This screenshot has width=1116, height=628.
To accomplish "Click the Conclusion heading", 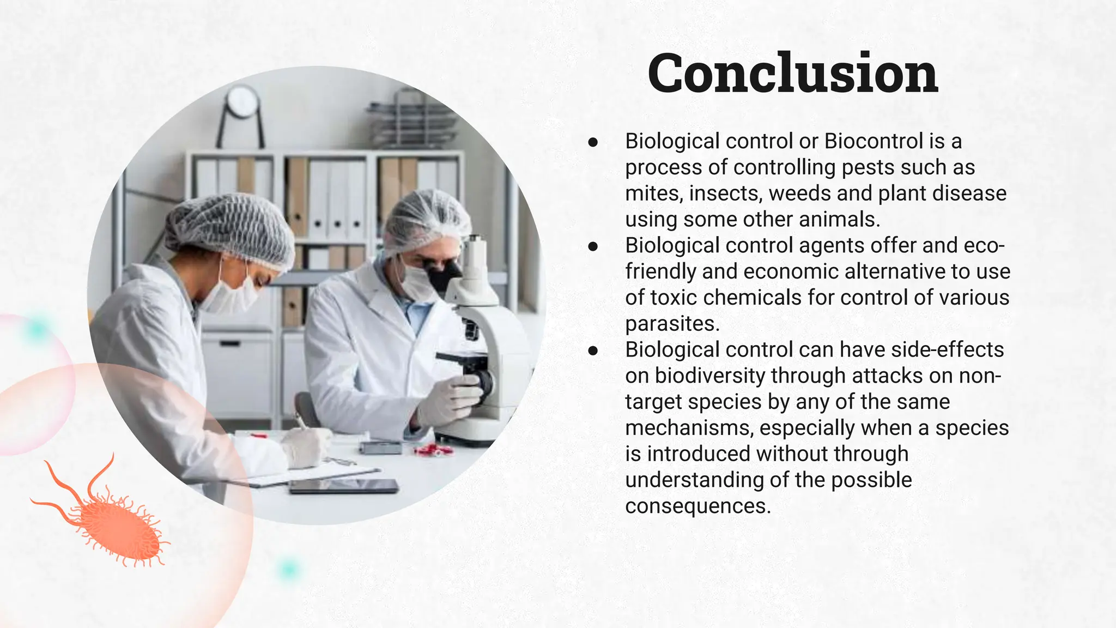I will click(x=793, y=74).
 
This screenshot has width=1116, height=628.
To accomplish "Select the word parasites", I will click(x=672, y=324).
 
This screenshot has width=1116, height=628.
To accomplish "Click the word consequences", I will click(x=697, y=506).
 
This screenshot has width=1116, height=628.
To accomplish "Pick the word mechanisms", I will click(x=689, y=428).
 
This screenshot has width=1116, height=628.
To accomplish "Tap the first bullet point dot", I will click(x=593, y=142).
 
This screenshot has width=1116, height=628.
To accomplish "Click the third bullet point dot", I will click(x=593, y=351).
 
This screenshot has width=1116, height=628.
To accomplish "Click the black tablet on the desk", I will click(x=343, y=486).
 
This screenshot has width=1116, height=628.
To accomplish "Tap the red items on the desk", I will click(x=433, y=449).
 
